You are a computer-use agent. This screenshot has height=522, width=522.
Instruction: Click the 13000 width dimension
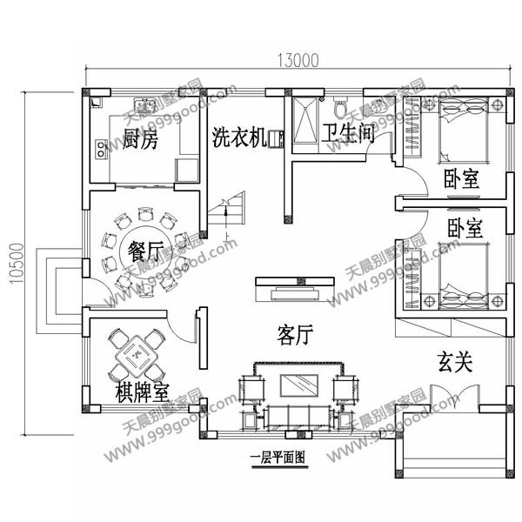click(x=298, y=60)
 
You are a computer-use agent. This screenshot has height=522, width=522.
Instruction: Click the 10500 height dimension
click(x=17, y=264)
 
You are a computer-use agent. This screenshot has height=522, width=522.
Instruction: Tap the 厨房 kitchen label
click(x=140, y=138)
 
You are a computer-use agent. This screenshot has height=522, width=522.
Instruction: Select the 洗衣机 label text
click(x=239, y=137)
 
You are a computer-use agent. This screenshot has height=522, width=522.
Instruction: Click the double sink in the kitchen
click(x=144, y=104)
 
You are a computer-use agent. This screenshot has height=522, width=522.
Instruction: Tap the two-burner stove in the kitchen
click(x=101, y=149)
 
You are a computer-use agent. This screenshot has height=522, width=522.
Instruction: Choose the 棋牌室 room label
click(x=143, y=392)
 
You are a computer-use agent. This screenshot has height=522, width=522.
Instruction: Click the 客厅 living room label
click(x=295, y=335)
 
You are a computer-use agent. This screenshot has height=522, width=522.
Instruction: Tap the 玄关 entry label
click(x=455, y=362)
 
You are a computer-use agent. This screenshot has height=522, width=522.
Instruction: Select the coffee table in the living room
click(x=299, y=385)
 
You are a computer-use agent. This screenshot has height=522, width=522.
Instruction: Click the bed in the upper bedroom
click(x=464, y=130)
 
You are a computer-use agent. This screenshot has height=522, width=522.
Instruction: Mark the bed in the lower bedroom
click(x=464, y=277)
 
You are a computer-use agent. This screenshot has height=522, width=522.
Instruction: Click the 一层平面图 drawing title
click(x=278, y=458)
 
